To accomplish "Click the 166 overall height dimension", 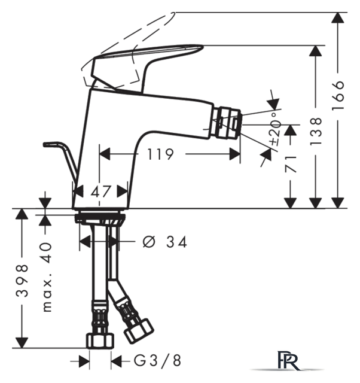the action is [338, 95].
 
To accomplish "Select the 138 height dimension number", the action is [316, 132].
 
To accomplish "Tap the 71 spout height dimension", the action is [291, 164].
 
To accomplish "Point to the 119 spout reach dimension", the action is [160, 154].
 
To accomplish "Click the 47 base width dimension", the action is [101, 191].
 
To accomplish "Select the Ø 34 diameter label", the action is [164, 242].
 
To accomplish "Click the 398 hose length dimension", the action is [22, 281].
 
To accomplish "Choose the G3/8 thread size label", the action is [157, 360].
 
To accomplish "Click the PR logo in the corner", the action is [288, 361].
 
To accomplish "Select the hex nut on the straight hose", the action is [100, 341].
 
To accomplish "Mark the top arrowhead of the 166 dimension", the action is [338, 17].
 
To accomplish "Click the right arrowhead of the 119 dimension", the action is [235, 154].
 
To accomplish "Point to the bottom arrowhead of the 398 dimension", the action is [22, 342].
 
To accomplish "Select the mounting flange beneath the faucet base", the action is [100, 218].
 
